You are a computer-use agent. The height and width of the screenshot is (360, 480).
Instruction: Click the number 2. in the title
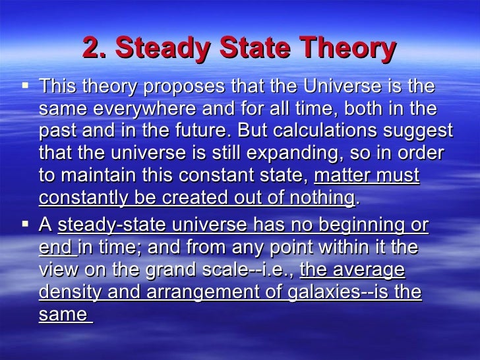(96, 48)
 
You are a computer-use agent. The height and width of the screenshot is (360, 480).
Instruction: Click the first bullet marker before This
(25, 86)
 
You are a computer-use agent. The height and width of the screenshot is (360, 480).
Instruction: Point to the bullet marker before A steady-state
(25, 225)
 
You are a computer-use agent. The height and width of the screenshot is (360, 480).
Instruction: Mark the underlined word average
(373, 270)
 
